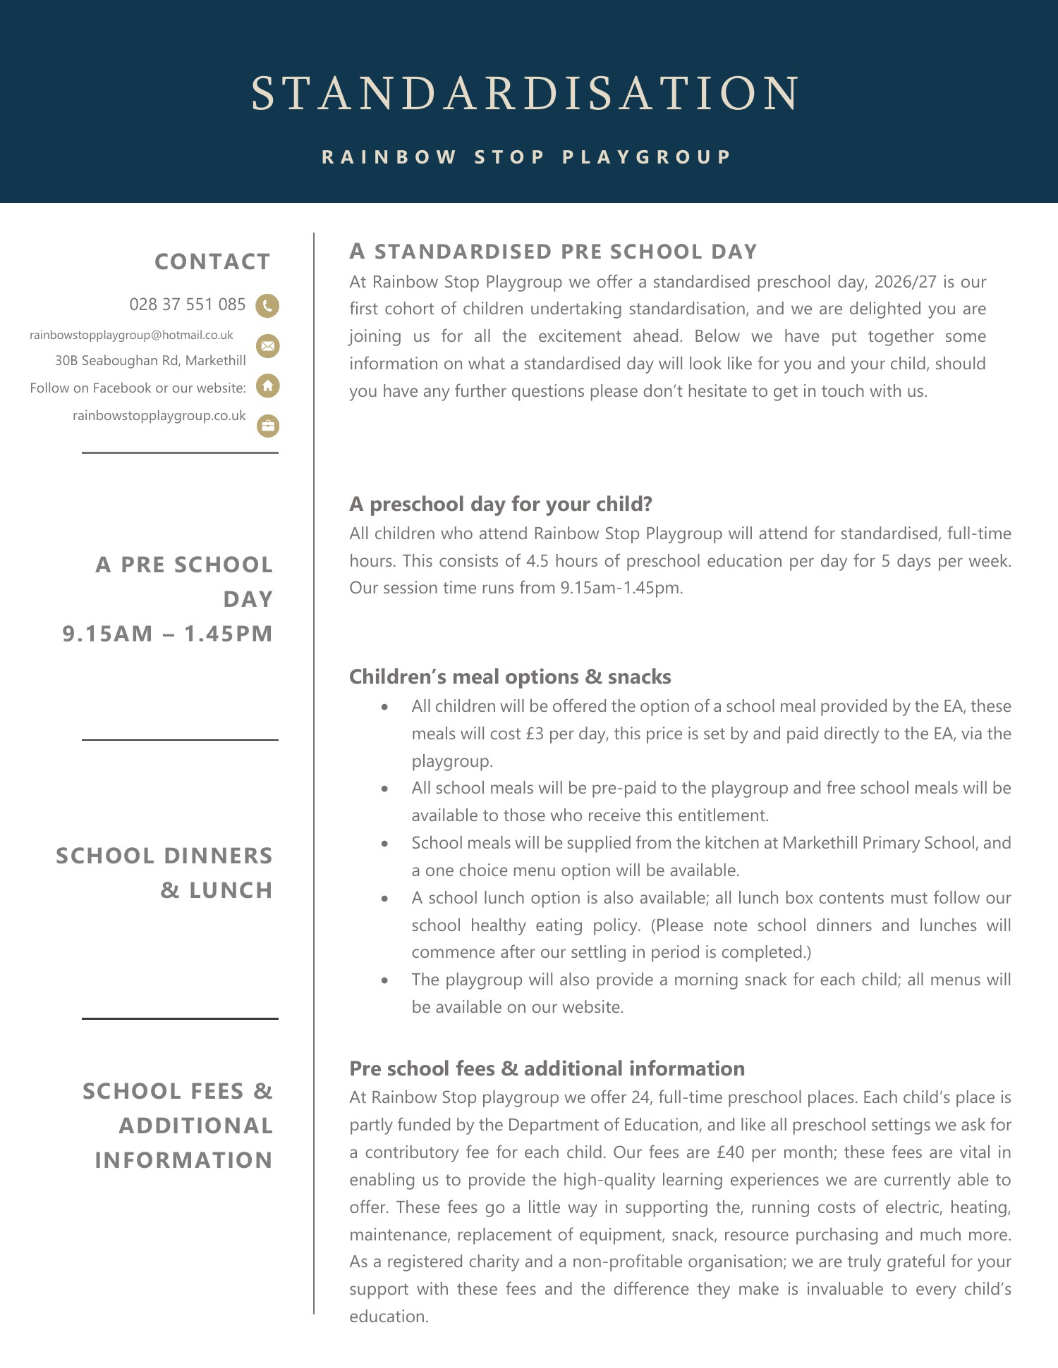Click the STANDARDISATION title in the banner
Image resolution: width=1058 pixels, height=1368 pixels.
coord(525,94)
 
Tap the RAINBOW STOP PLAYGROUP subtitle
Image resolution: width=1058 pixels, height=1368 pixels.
coord(526,156)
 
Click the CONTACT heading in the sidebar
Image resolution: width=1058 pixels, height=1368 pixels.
coord(212,261)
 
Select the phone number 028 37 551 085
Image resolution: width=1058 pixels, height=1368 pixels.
coord(188,304)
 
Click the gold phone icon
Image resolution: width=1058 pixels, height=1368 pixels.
coord(267,306)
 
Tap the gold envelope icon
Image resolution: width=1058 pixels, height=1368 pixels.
coord(267,346)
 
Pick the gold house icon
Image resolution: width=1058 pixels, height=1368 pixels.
coord(267,386)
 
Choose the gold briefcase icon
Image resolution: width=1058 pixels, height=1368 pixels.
coord(267,426)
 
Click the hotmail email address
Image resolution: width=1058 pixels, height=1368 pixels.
coord(131,335)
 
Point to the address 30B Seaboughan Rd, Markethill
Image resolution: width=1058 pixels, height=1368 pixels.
coord(150,360)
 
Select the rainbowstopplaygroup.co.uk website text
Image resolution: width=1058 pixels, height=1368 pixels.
coord(159,415)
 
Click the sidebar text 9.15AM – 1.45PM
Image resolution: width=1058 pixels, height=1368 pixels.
coord(168,634)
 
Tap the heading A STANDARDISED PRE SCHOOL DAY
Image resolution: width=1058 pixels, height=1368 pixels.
coord(553,252)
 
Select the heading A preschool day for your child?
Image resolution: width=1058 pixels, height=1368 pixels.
coord(501,504)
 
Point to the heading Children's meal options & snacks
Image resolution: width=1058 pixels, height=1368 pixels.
coord(510,677)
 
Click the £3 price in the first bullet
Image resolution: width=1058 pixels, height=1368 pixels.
coord(535,734)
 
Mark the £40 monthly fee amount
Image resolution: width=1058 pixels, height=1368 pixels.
coord(730,1152)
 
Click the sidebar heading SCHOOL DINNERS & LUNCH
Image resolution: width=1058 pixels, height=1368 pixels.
coord(164,873)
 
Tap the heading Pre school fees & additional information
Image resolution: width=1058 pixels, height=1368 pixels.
coord(547,1068)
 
